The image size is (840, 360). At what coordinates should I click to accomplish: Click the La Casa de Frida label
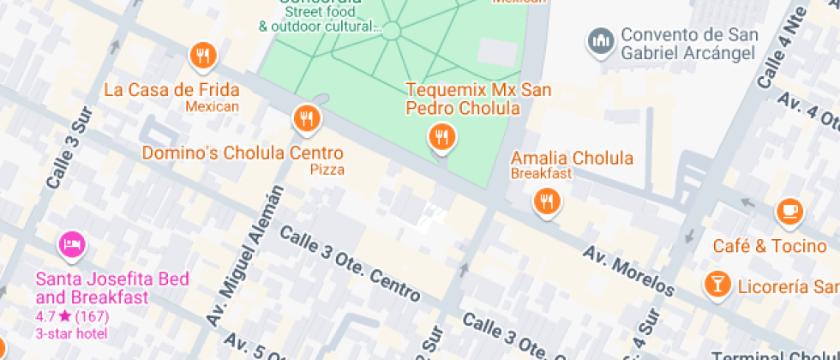tap(171, 89)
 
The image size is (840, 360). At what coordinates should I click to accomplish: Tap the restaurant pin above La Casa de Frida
tap(203, 56)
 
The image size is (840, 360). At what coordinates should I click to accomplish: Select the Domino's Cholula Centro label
tap(243, 153)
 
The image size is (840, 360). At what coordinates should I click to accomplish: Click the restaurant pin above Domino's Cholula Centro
tap(306, 118)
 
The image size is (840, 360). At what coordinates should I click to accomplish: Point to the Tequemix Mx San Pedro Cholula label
tap(478, 99)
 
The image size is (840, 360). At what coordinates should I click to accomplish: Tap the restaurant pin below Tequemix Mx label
tap(441, 135)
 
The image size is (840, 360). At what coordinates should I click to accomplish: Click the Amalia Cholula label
tap(572, 158)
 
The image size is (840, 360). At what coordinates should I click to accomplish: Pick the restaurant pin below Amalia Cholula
tap(546, 201)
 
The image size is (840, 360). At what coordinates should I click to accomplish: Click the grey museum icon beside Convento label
tap(601, 39)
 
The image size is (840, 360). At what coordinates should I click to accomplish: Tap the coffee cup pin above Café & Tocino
tap(789, 211)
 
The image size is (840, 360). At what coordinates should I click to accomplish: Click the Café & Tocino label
tap(770, 246)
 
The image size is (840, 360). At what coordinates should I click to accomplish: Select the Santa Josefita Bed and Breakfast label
tap(112, 288)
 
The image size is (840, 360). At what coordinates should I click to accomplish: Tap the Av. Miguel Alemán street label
tap(245, 255)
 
